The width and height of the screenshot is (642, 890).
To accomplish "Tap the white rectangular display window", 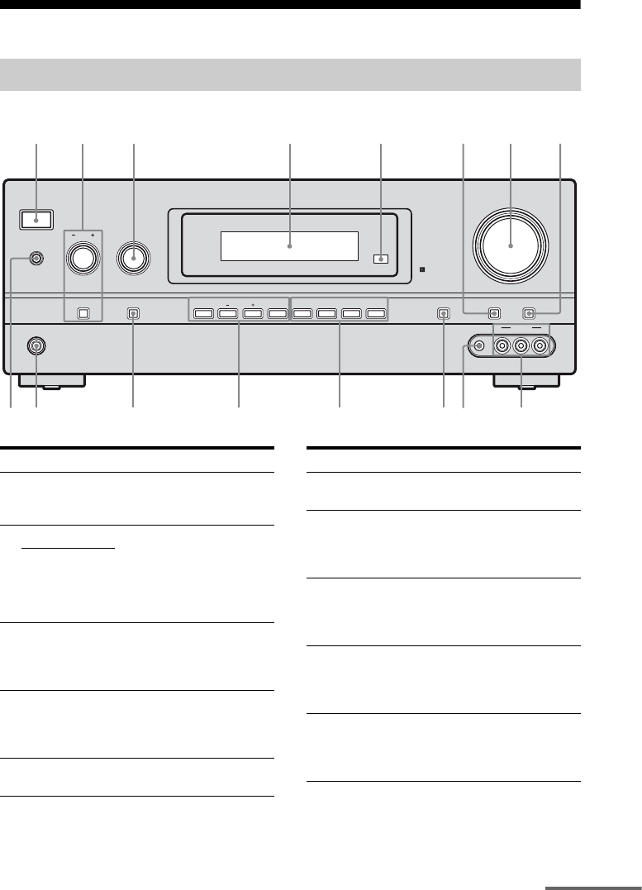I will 289,245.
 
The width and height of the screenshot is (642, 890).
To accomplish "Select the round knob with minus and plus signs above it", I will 82,259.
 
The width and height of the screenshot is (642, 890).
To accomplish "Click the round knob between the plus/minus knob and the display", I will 134,259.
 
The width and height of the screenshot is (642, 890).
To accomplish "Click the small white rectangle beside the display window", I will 379,259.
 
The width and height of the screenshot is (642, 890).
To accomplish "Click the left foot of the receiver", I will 59,381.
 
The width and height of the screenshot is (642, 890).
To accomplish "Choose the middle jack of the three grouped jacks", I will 521,345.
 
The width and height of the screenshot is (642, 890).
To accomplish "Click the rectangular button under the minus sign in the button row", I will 227,314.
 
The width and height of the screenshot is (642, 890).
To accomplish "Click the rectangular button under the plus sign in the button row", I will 252,314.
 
